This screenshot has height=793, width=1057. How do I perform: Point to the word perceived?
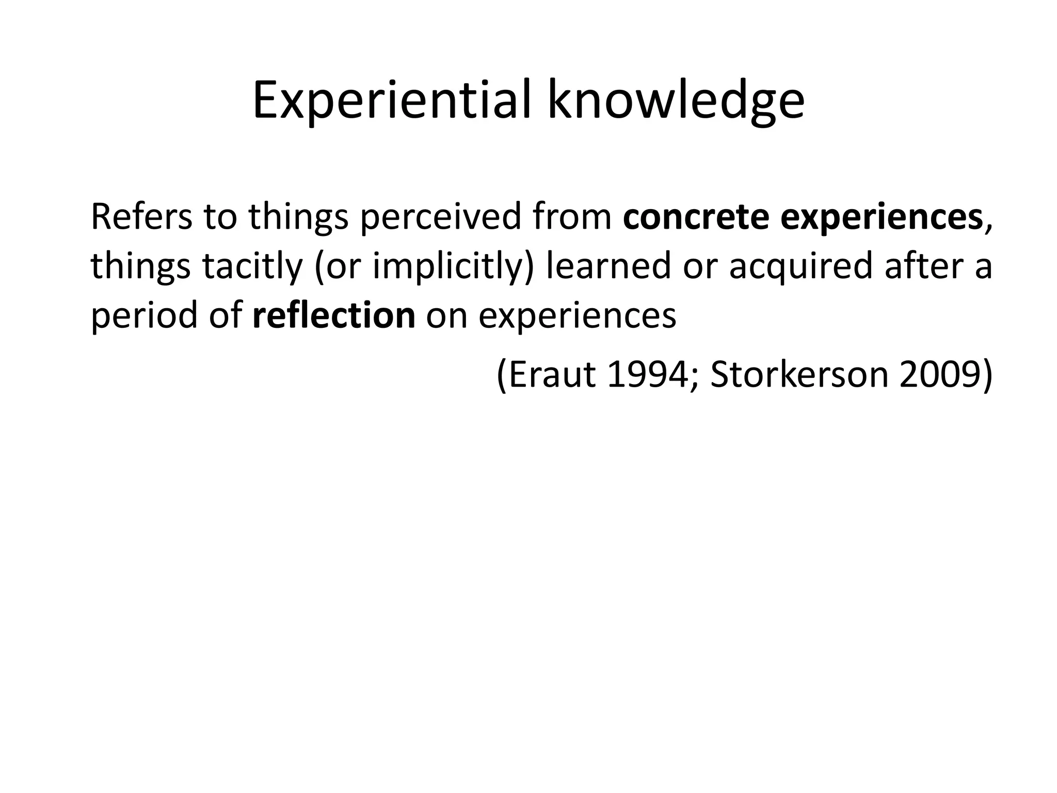[440, 217]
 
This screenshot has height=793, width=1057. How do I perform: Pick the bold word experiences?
[881, 217]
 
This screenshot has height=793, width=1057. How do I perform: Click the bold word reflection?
[334, 315]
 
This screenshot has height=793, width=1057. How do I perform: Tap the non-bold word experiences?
[577, 315]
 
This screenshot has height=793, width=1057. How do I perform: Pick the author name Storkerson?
[798, 375]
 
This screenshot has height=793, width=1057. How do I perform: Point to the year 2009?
[940, 375]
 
